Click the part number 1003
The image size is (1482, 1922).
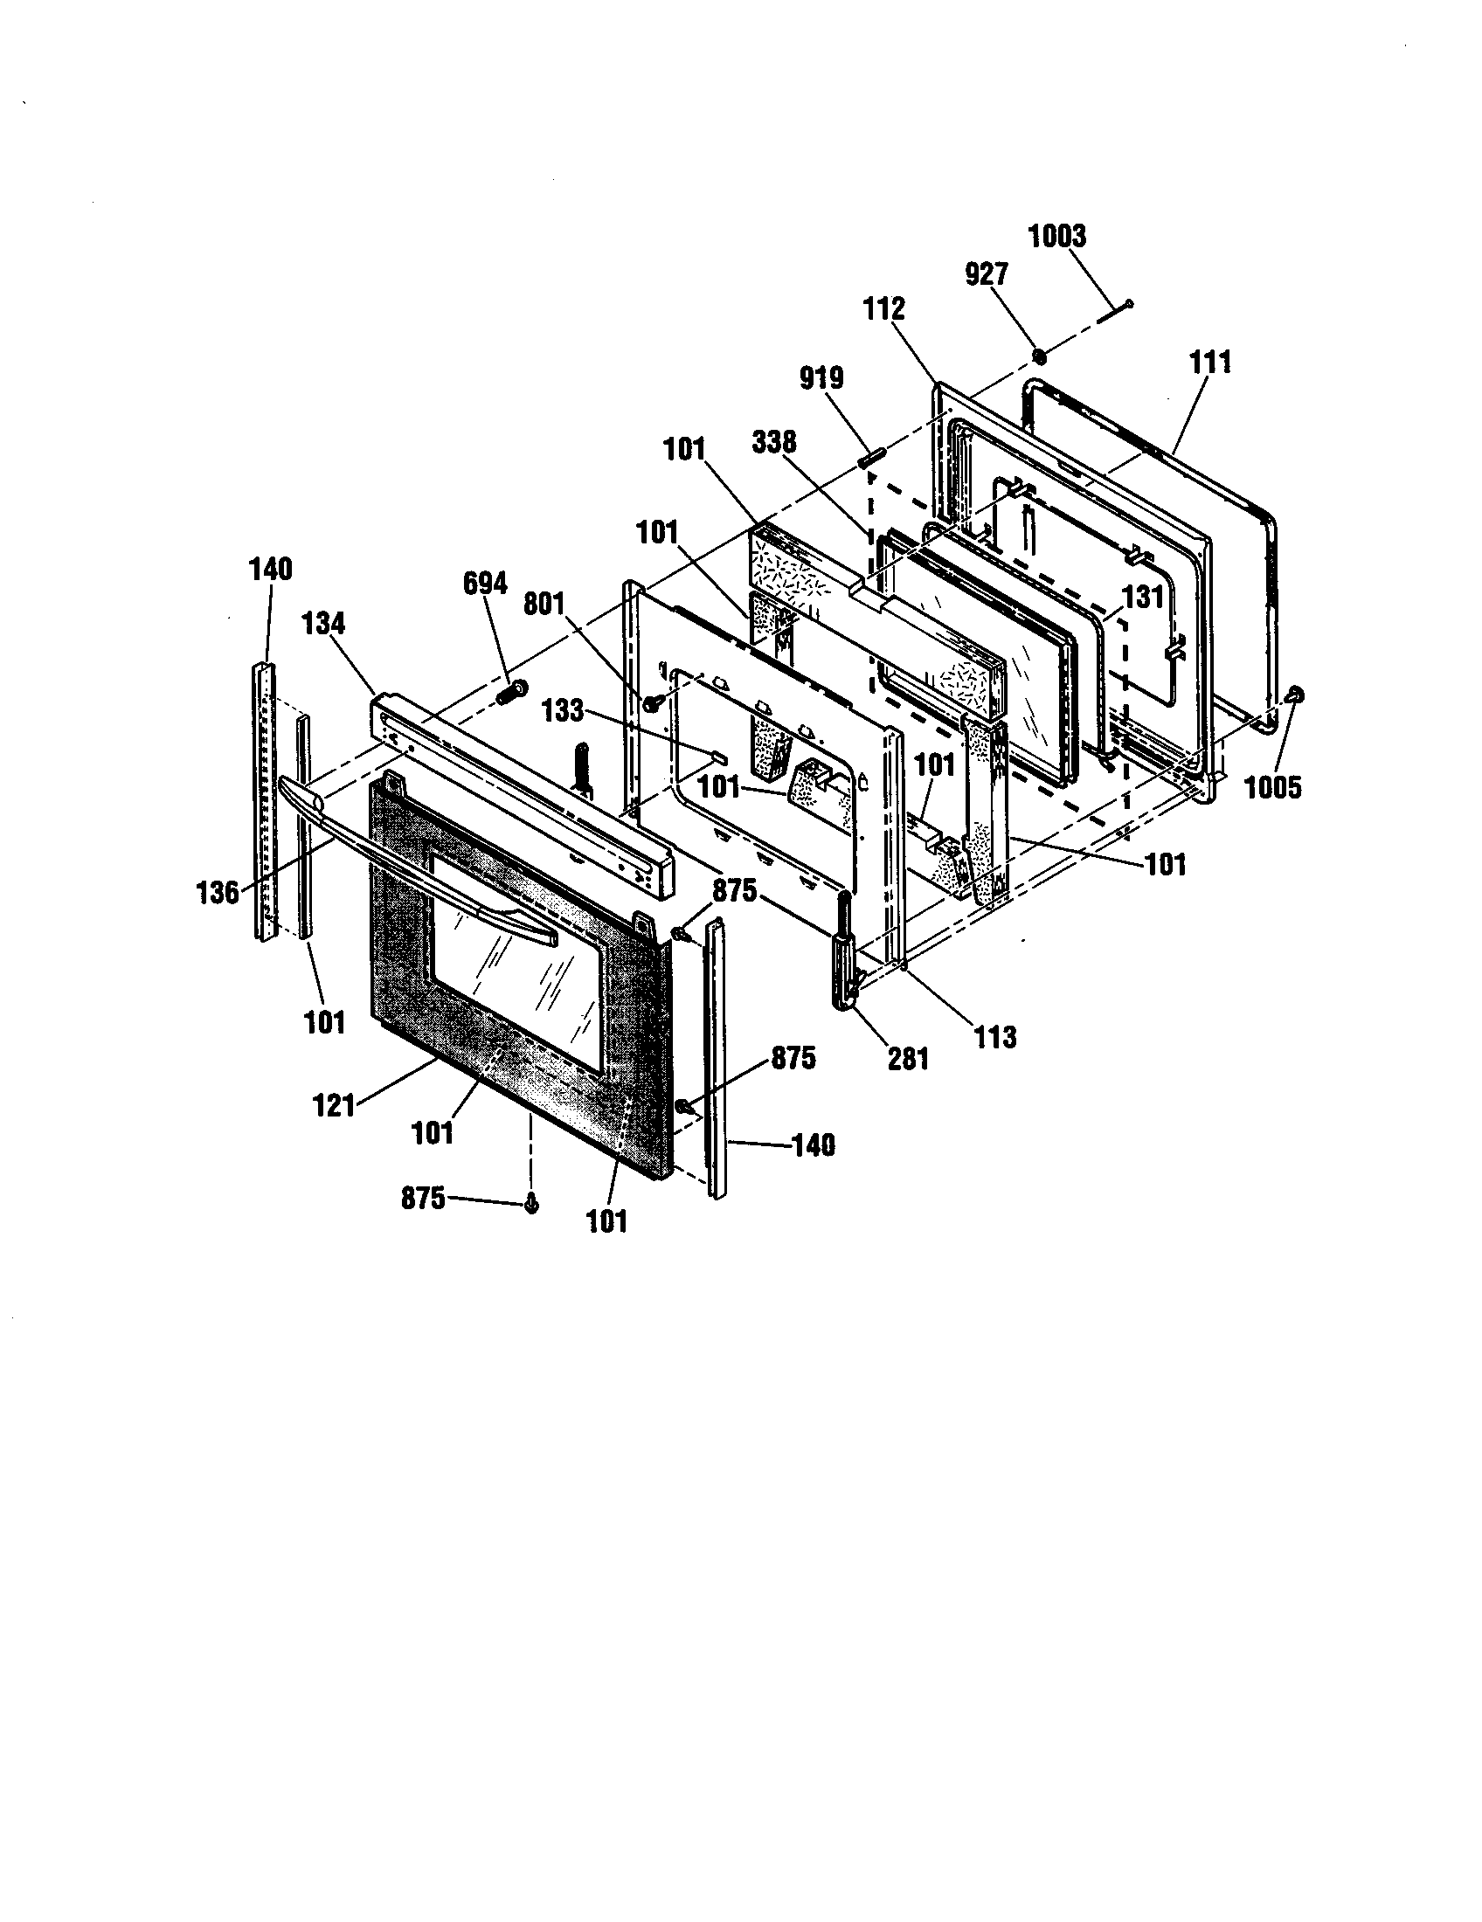click(x=1057, y=237)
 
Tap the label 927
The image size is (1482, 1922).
click(x=986, y=274)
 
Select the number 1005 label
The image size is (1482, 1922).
click(x=1271, y=788)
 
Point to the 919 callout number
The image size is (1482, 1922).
click(x=821, y=378)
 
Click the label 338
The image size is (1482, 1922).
click(x=774, y=441)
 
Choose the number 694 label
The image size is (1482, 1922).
click(x=484, y=584)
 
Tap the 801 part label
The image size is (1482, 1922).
click(x=543, y=605)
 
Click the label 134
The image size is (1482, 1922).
click(x=323, y=624)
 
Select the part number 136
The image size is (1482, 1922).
click(x=217, y=892)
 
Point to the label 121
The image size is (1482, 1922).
click(x=334, y=1104)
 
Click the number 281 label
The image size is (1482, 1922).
click(x=907, y=1058)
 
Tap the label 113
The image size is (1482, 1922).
click(x=994, y=1038)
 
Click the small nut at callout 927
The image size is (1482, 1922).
click(x=1038, y=356)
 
